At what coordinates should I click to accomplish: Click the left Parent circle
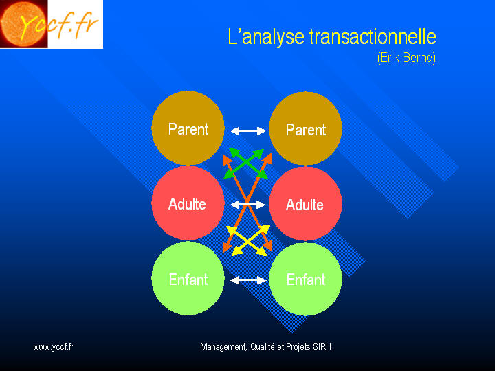188,128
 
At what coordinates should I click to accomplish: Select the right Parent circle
305,128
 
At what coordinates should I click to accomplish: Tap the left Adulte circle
188,203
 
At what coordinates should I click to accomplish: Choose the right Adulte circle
305,204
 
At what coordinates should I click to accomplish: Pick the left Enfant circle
188,278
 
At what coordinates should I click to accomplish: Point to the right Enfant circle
305,279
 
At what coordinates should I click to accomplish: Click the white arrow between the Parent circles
248,131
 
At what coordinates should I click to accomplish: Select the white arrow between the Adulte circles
247,205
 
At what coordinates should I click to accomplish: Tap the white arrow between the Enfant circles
248,280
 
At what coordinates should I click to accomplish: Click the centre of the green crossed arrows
245,163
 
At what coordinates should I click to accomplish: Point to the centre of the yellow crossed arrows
248,240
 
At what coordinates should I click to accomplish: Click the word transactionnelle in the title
373,36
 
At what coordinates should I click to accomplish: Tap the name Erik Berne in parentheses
406,58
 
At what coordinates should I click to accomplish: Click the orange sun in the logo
23,24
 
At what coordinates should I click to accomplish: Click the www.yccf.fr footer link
53,347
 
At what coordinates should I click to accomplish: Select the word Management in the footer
223,347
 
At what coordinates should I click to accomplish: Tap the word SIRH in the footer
322,347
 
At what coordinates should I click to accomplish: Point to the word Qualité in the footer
263,347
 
